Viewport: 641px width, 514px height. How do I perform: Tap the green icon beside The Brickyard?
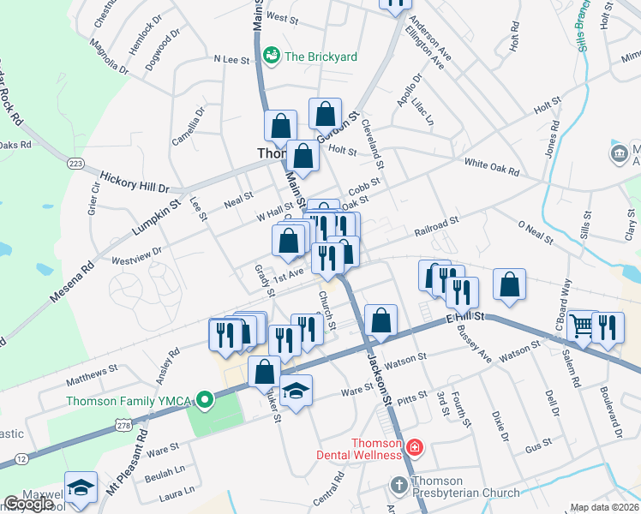click(273, 56)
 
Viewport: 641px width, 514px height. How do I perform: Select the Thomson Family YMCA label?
click(127, 400)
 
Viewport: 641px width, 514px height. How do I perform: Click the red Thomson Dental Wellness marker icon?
click(415, 447)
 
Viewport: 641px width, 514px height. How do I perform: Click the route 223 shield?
click(75, 163)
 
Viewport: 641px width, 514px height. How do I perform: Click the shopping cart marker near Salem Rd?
click(582, 326)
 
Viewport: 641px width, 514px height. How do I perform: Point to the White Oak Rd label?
click(492, 167)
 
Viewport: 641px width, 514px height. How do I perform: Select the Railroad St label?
click(437, 226)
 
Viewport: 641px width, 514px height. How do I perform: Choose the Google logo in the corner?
click(28, 504)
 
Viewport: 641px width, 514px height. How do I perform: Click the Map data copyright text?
click(605, 507)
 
